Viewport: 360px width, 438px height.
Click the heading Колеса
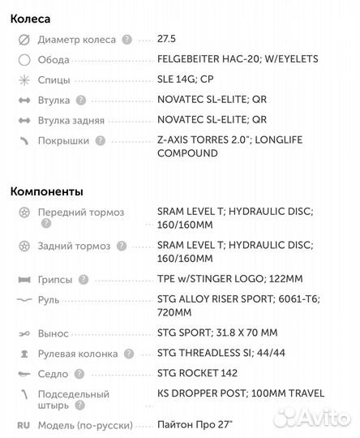point(30,17)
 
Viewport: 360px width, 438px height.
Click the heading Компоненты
point(46,191)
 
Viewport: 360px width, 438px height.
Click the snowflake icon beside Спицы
point(24,80)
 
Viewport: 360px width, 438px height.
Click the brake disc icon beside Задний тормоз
point(24,246)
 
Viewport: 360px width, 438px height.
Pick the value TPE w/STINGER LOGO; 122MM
point(229,279)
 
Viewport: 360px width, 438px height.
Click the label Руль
point(49,300)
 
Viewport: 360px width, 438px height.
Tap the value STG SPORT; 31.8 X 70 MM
point(216,333)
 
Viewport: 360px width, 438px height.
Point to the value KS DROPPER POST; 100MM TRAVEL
point(240,393)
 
